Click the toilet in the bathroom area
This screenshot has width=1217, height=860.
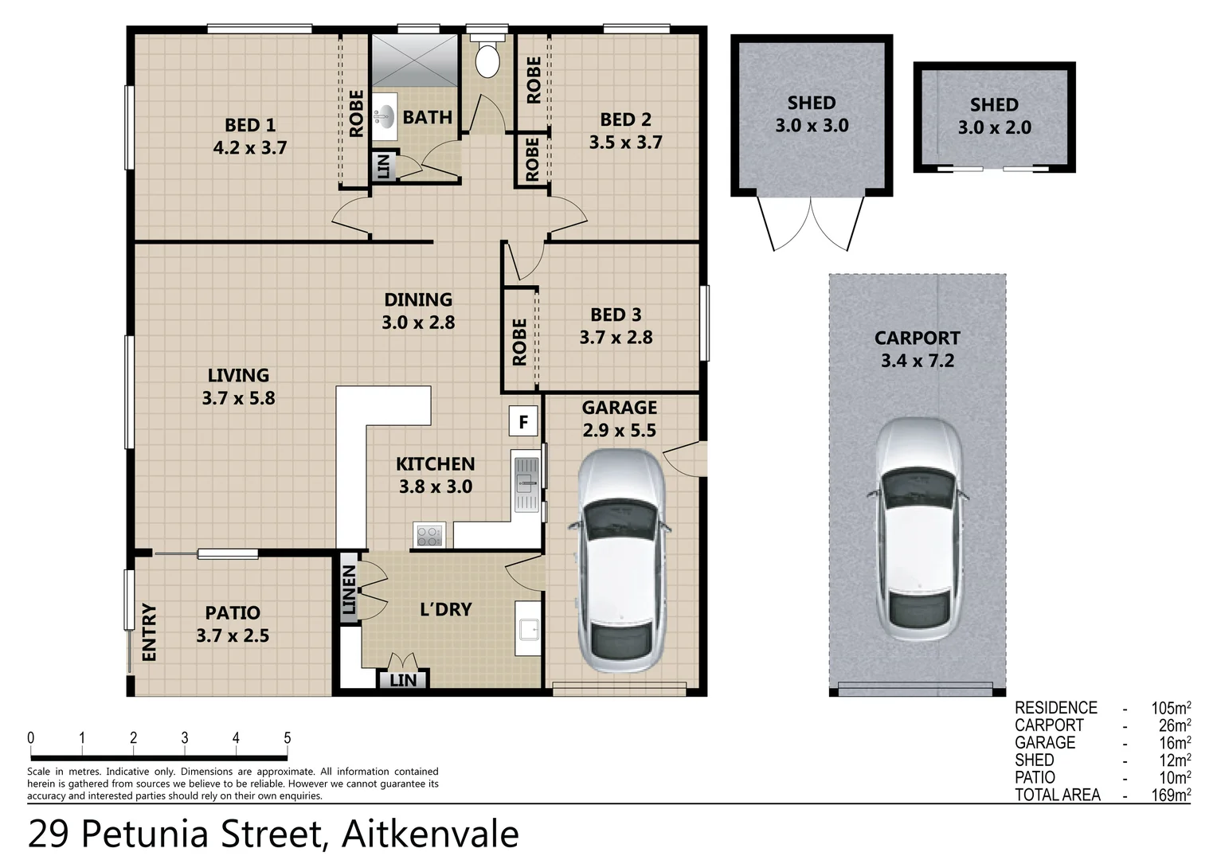click(487, 58)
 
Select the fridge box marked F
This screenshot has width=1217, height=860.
click(523, 421)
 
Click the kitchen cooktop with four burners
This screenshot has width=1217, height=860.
click(428, 535)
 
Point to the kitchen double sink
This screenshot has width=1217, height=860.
click(526, 484)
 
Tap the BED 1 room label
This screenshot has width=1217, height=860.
click(250, 125)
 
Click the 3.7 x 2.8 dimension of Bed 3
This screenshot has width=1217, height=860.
click(616, 338)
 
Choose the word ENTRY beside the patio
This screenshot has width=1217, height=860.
click(149, 632)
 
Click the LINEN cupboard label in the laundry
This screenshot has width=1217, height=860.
click(349, 589)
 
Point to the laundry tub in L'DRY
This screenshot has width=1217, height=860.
click(528, 628)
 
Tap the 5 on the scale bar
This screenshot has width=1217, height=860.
click(288, 738)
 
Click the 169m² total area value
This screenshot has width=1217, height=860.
click(1170, 795)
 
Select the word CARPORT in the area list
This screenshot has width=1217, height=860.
click(1049, 725)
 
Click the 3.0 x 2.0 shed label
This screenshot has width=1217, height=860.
click(994, 127)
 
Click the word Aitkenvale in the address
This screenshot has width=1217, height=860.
click(430, 835)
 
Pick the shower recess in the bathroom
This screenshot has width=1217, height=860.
click(414, 60)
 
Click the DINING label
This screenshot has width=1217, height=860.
click(418, 299)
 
